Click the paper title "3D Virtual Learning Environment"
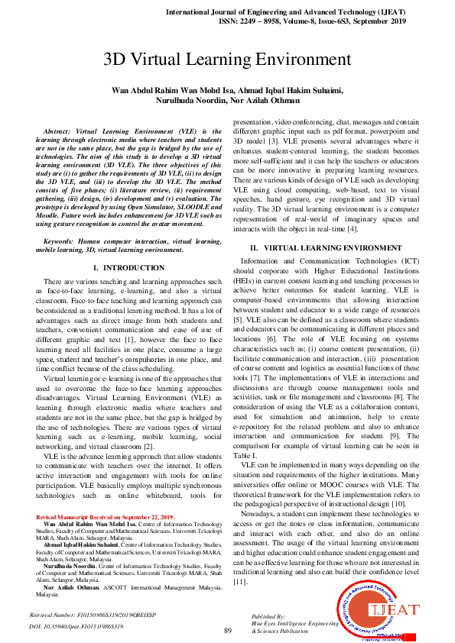click(227, 60)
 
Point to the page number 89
click(227, 630)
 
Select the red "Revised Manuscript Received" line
click(105, 517)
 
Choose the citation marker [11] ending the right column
click(241, 582)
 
